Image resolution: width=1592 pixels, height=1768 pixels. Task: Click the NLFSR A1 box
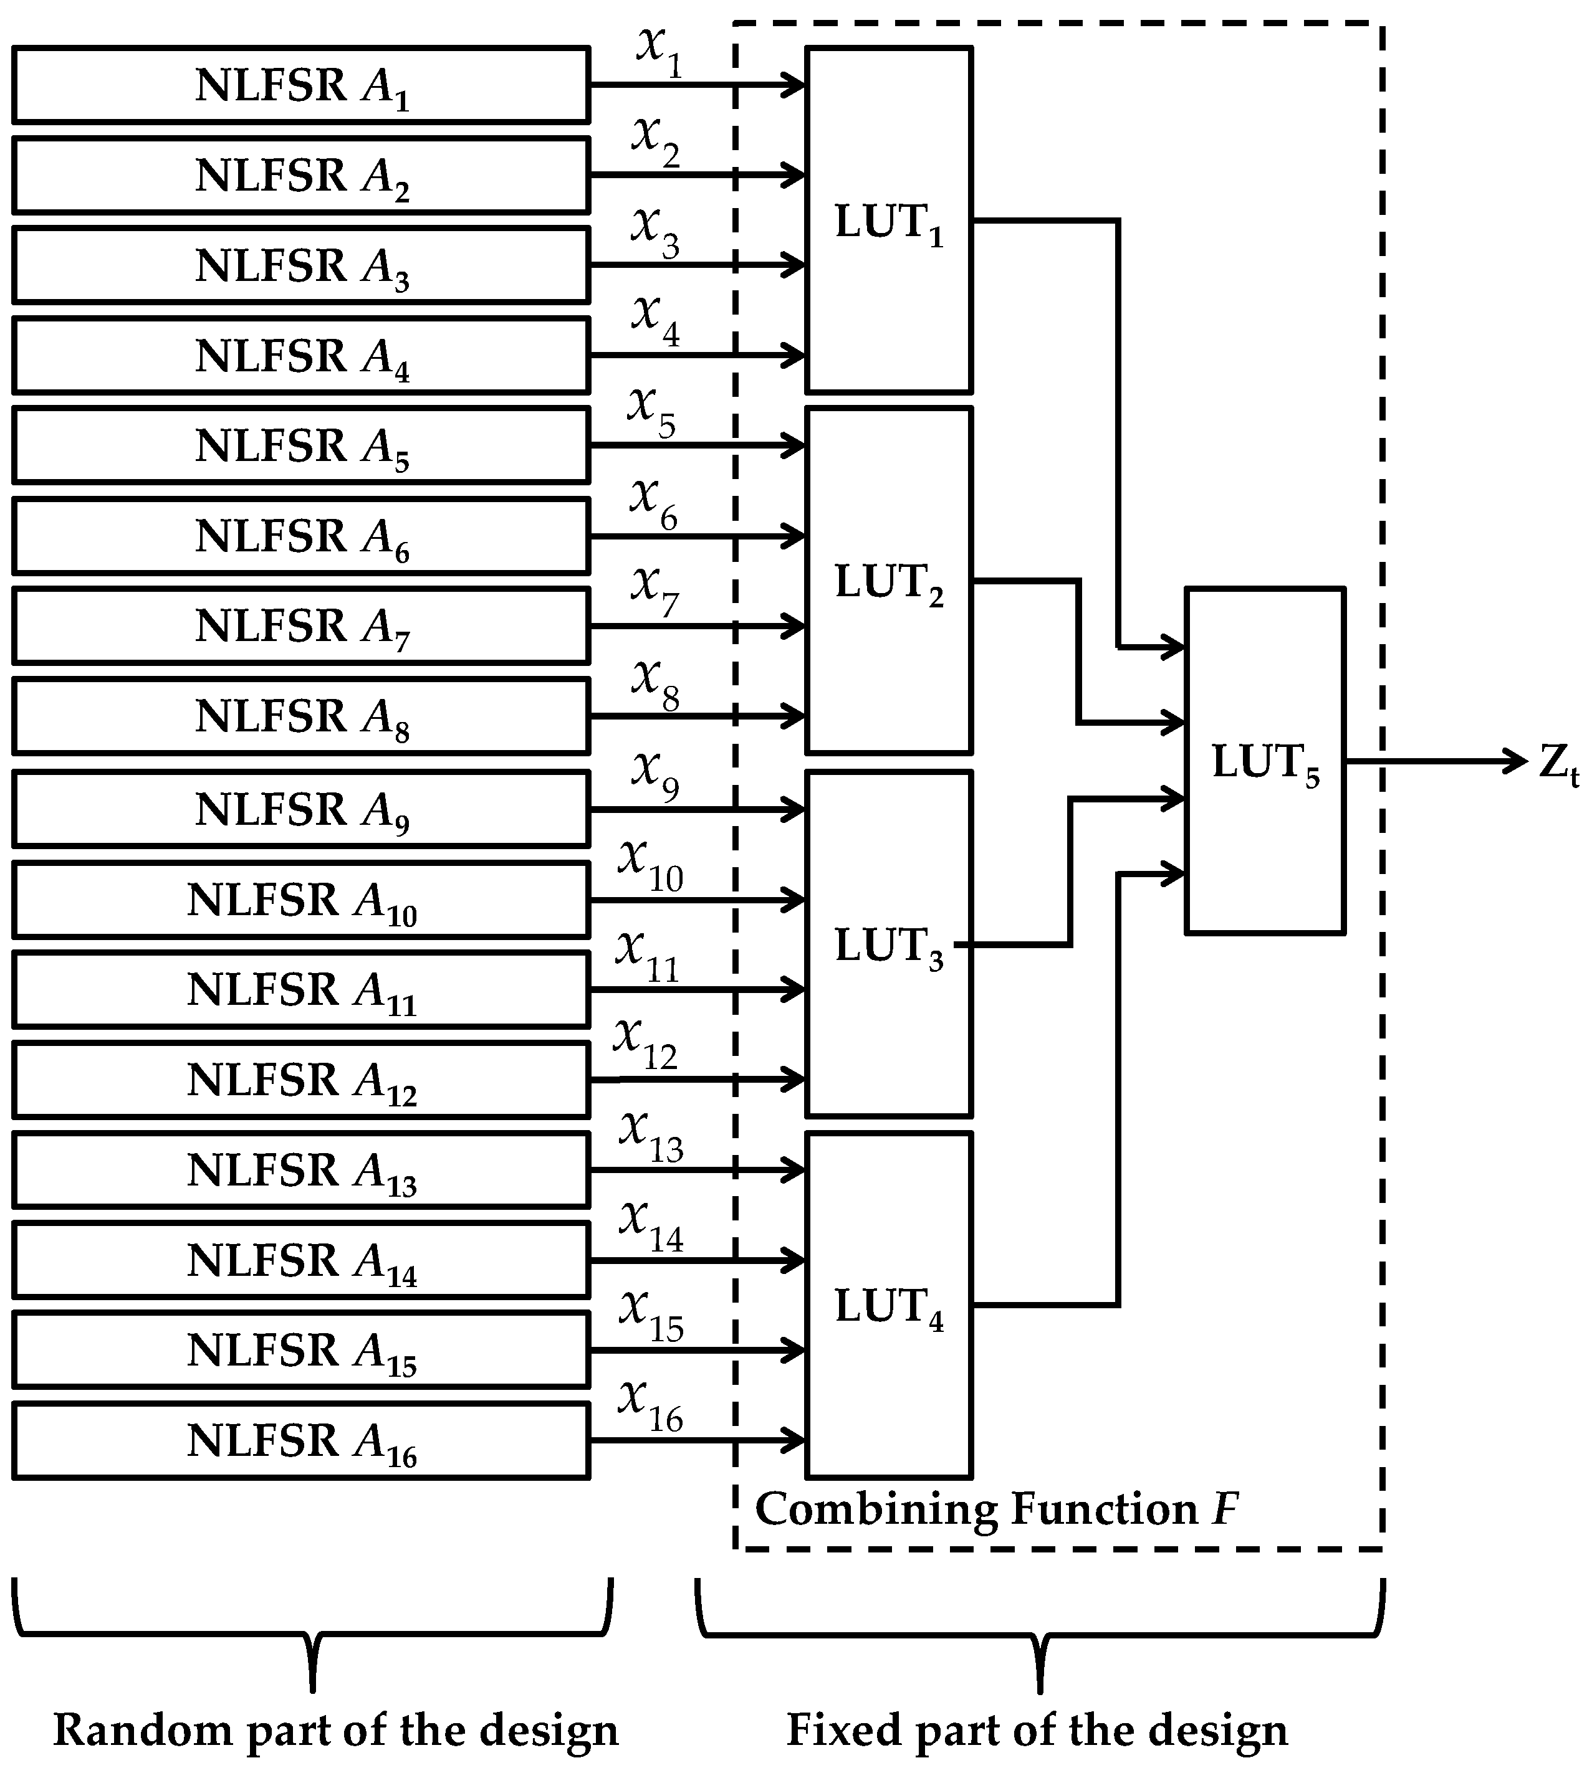coord(301,85)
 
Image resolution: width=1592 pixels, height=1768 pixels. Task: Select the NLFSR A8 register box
coord(301,716)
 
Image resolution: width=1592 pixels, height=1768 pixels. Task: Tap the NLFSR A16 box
coord(301,1440)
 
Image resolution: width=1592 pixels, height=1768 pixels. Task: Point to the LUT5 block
coord(1264,761)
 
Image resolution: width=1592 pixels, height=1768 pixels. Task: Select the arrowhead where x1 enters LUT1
coord(794,85)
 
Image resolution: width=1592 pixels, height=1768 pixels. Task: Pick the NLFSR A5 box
coord(301,445)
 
